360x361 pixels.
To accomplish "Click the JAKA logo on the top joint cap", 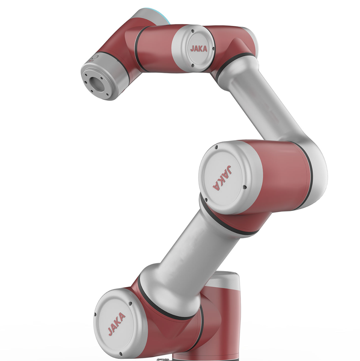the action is pyautogui.click(x=199, y=49).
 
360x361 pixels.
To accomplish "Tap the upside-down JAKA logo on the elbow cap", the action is pyautogui.click(x=222, y=177).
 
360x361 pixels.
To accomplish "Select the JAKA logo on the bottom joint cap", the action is pyautogui.click(x=116, y=324).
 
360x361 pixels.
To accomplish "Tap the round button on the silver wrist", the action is pyautogui.click(x=95, y=57).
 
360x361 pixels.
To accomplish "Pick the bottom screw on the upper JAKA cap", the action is pyautogui.click(x=193, y=65).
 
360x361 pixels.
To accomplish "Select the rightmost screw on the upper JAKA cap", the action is pyautogui.click(x=213, y=49).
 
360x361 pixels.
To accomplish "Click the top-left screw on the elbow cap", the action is pyautogui.click(x=216, y=147).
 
